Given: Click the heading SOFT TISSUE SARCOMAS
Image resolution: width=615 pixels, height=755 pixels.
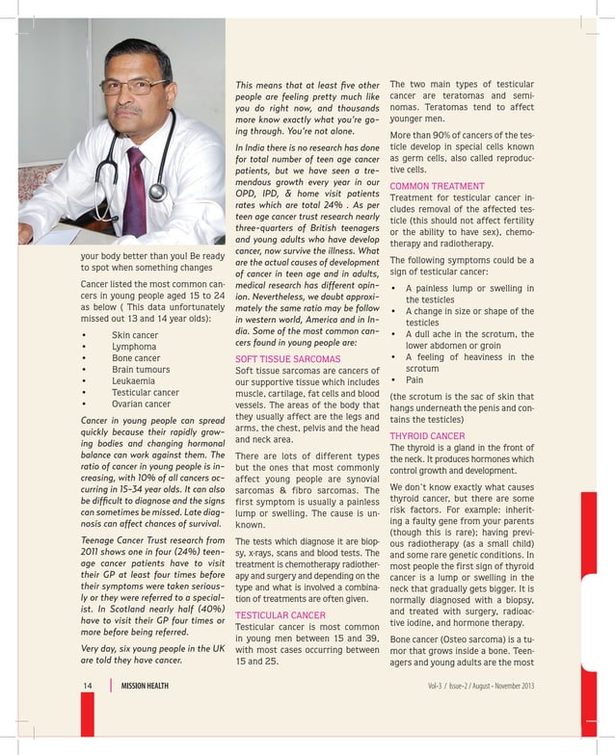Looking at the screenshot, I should tap(287, 359).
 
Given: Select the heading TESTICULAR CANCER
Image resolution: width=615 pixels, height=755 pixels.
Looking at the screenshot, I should tap(281, 614).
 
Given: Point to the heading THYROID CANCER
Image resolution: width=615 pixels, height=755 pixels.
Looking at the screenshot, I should tap(427, 435).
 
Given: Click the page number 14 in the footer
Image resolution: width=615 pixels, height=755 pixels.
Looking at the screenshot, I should tap(87, 686).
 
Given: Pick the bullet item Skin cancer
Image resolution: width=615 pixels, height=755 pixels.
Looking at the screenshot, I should tap(134, 335).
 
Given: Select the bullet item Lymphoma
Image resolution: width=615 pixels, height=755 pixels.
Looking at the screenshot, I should tap(133, 347).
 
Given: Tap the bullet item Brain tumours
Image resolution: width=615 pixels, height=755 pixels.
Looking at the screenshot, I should tap(141, 370).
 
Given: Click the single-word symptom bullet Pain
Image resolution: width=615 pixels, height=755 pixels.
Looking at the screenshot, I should tap(414, 380).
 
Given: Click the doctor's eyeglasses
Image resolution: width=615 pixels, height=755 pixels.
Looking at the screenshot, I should tap(132, 88).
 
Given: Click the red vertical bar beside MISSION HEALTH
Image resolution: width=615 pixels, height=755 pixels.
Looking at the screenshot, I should tap(110, 686).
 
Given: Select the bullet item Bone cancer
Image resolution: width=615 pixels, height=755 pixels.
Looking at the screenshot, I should tap(136, 358).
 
